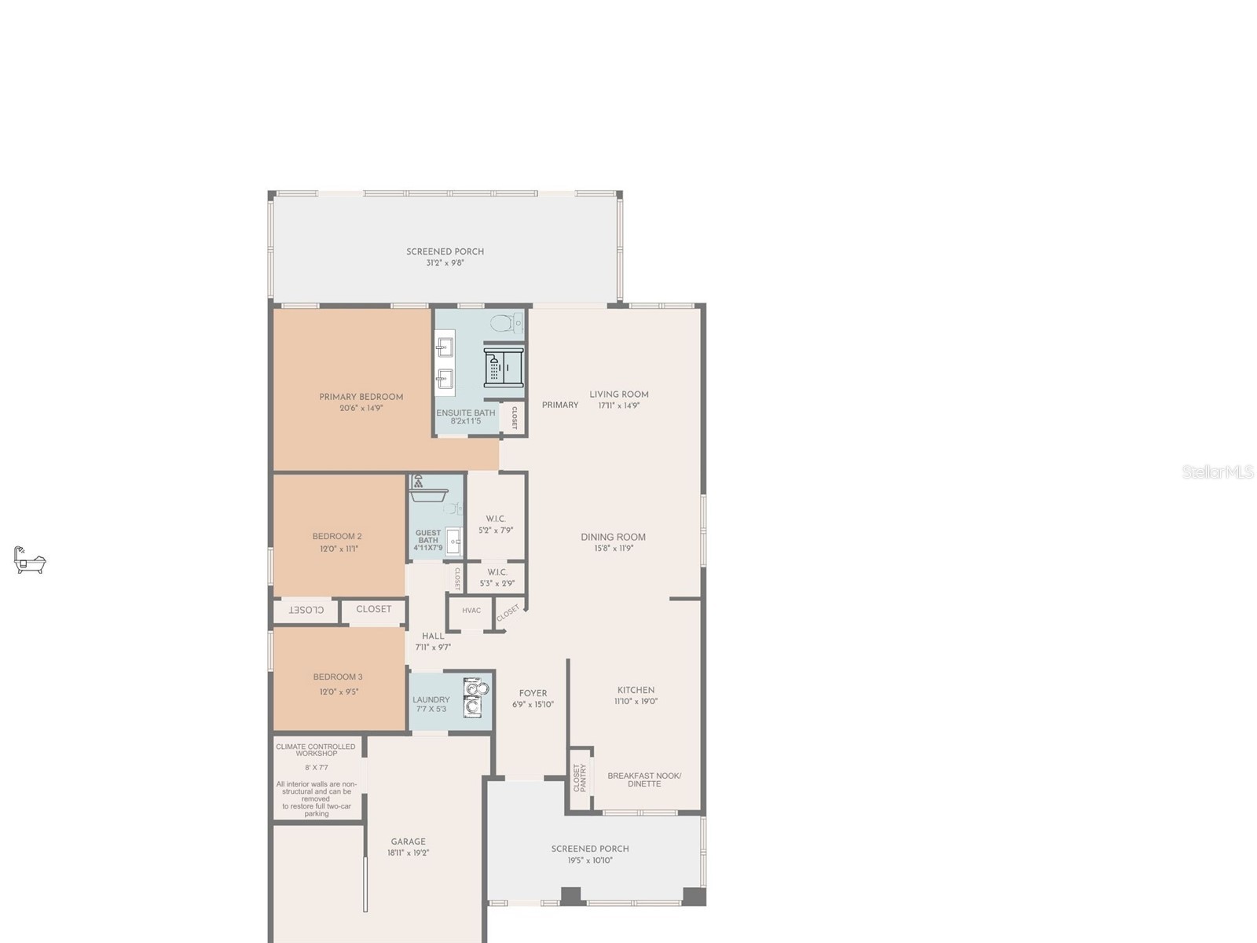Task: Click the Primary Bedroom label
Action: [361, 397]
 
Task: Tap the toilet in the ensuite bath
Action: [507, 322]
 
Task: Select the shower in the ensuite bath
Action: [503, 367]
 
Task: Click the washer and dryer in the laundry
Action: [475, 698]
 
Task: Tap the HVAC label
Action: [471, 611]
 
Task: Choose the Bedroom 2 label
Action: [337, 537]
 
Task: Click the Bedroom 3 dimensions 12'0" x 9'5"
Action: [339, 692]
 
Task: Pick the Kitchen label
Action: [636, 690]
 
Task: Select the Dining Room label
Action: [613, 538]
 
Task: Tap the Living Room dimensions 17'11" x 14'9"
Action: [619, 405]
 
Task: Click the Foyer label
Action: [533, 693]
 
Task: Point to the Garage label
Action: [408, 842]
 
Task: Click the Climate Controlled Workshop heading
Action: [316, 750]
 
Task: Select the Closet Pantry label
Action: [580, 778]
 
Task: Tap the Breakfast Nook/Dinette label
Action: [644, 780]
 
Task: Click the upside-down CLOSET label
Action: [306, 610]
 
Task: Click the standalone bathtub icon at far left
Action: [30, 560]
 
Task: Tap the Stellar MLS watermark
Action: [1218, 472]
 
